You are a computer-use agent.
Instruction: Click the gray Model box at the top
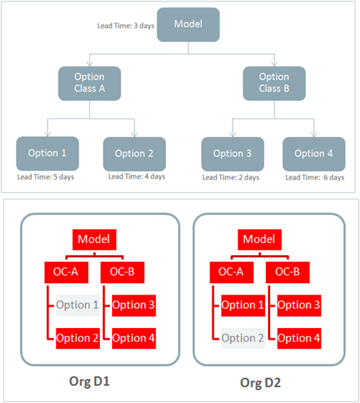(x=188, y=24)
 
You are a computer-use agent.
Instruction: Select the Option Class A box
(x=89, y=82)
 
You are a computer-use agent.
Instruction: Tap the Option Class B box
(x=274, y=82)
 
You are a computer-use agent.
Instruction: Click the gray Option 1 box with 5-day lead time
(x=48, y=153)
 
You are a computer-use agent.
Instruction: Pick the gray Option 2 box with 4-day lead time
(x=134, y=153)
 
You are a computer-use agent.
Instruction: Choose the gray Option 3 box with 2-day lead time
(x=232, y=153)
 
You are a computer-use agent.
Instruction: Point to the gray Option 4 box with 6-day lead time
(x=314, y=153)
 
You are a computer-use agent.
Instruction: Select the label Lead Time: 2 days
(x=231, y=177)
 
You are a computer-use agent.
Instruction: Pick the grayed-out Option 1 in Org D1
(x=76, y=305)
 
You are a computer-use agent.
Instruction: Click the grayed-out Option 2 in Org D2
(x=242, y=338)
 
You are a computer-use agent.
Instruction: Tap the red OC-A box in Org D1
(x=66, y=272)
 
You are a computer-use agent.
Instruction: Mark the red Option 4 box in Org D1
(x=133, y=338)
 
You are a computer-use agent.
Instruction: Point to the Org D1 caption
(x=97, y=383)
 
